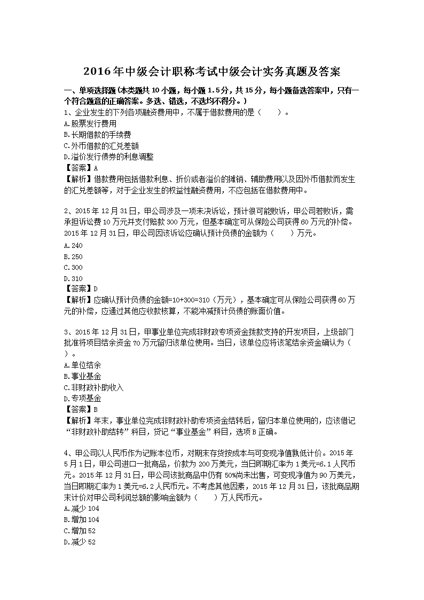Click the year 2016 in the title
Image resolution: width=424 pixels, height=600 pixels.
pos(97,72)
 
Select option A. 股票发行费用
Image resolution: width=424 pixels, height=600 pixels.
pos(82,123)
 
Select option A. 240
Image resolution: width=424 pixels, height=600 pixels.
pos(73,245)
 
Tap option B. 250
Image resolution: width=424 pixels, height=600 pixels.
pos(73,256)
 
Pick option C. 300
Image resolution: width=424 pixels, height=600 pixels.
pos(73,268)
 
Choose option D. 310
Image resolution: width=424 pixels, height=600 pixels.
pos(73,279)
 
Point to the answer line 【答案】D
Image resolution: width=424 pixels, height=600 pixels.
pos(81,290)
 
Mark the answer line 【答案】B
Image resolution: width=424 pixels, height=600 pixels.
pos(81,410)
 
